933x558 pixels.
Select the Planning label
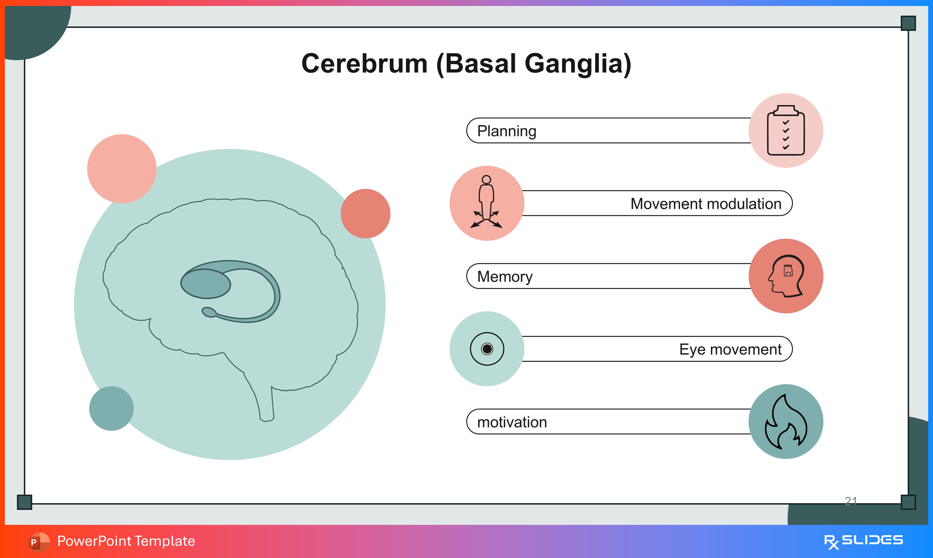click(506, 131)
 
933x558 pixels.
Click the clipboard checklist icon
click(785, 130)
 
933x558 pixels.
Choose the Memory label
click(504, 276)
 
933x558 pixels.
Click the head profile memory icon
click(785, 276)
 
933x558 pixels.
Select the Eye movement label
click(730, 349)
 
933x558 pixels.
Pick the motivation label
click(512, 422)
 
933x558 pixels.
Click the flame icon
click(785, 422)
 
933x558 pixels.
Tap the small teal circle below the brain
click(111, 408)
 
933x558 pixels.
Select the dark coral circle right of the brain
click(365, 214)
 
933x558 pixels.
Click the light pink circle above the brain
click(122, 169)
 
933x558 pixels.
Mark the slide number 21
click(851, 500)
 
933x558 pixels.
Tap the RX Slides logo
click(863, 541)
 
